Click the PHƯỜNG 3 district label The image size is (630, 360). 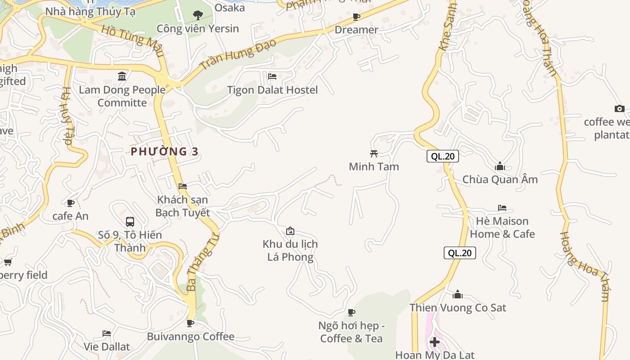pyautogui.click(x=164, y=152)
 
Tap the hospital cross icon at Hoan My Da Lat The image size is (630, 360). pyautogui.click(x=434, y=342)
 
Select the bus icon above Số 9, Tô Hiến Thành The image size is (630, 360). pyautogui.click(x=130, y=221)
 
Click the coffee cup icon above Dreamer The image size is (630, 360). pyautogui.click(x=356, y=17)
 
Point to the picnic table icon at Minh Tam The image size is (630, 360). pyautogui.click(x=373, y=153)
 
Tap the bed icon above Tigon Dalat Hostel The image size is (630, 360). pyautogui.click(x=272, y=76)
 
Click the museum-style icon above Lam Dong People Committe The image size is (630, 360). pyautogui.click(x=122, y=76)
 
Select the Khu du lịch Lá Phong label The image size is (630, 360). pyautogui.click(x=290, y=251)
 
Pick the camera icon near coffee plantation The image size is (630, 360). pyautogui.click(x=620, y=108)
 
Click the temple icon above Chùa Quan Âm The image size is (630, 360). pyautogui.click(x=500, y=166)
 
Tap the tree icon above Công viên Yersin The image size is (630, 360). pyautogui.click(x=198, y=16)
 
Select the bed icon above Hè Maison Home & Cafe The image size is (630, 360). pyautogui.click(x=502, y=208)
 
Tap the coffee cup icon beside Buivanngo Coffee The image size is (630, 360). pyautogui.click(x=190, y=323)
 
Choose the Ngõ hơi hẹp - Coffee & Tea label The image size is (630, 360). pyautogui.click(x=351, y=332)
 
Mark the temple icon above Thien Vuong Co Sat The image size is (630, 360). pyautogui.click(x=458, y=295)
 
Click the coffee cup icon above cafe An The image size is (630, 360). pyautogui.click(x=71, y=203)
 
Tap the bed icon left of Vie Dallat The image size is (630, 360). pyautogui.click(x=107, y=333)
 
